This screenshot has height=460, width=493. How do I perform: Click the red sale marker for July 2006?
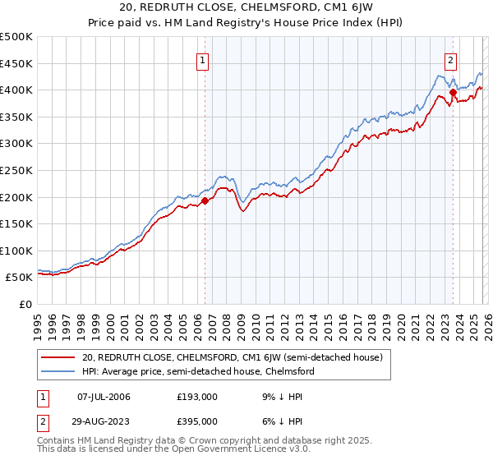(205, 200)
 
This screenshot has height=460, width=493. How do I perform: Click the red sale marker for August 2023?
(453, 93)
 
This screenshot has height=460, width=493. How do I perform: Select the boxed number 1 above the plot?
(203, 59)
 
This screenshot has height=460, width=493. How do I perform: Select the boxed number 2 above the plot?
(451, 59)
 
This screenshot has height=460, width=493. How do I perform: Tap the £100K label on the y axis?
(17, 251)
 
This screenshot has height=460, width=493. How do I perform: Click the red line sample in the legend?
(59, 357)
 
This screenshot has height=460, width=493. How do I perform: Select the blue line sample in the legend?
(59, 371)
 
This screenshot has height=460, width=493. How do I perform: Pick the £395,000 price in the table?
(196, 421)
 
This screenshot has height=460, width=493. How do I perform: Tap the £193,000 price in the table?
(196, 398)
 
